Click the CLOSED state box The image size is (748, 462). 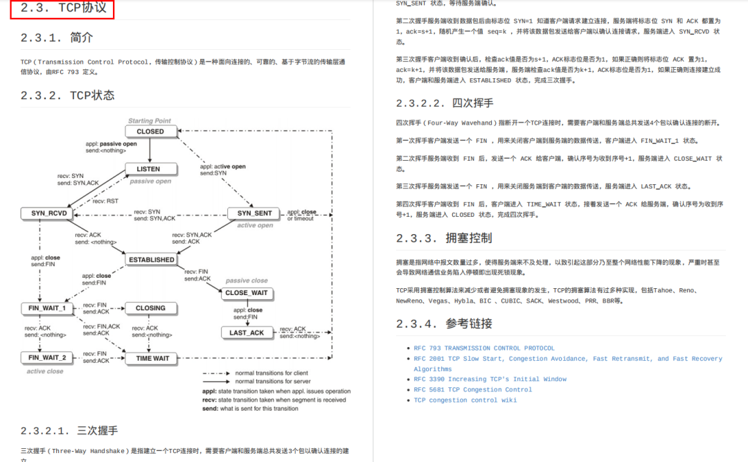[150, 131]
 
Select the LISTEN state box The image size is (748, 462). [148, 168]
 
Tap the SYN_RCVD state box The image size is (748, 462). [49, 213]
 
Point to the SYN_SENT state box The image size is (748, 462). [255, 213]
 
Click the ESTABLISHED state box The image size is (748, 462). [152, 260]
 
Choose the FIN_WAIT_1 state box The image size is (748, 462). [48, 308]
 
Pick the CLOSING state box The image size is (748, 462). [151, 308]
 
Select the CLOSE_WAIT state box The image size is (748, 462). [246, 293]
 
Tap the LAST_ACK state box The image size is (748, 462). [247, 333]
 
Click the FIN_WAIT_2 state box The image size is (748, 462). [48, 358]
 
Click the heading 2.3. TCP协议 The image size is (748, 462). [63, 8]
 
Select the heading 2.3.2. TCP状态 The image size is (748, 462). [67, 96]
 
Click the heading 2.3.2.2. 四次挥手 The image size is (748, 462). [445, 103]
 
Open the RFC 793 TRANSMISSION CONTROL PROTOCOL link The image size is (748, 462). [484, 348]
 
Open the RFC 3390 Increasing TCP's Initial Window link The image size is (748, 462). [490, 380]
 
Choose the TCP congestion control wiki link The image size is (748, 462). [465, 400]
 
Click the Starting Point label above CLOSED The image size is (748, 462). [150, 121]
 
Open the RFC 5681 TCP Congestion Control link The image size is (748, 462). [472, 390]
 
